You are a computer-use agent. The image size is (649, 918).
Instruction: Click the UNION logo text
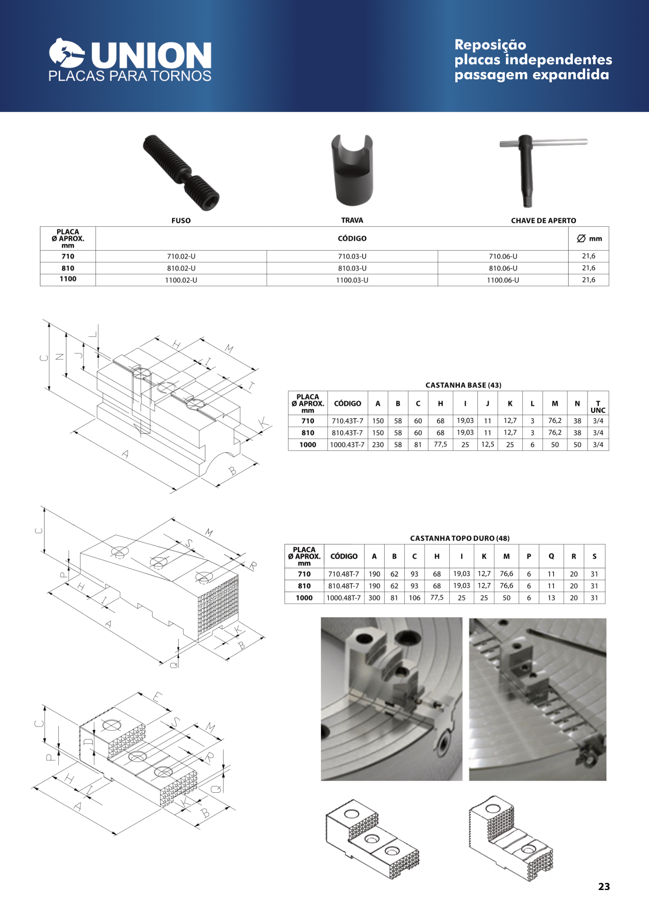[x=151, y=56]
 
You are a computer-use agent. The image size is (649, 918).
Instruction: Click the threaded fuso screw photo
[x=181, y=173]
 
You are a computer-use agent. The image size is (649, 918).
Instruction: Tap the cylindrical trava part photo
[x=352, y=170]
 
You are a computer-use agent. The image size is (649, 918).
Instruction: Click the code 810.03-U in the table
[x=352, y=269]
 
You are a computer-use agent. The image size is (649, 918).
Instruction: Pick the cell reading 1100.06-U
[x=503, y=280]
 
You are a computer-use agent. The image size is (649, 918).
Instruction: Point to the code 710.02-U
[x=181, y=257]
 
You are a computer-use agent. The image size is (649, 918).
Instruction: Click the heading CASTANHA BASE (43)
[x=463, y=385]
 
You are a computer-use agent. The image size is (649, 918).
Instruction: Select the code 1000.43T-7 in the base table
[x=347, y=445]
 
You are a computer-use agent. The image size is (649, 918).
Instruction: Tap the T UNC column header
[x=598, y=407]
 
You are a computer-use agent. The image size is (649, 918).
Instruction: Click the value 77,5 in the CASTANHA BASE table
[x=440, y=445]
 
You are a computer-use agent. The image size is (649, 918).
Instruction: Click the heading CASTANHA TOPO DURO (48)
[x=459, y=538]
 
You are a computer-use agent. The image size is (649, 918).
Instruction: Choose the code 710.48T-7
[x=343, y=574]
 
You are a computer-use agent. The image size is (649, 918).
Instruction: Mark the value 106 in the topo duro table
[x=414, y=598]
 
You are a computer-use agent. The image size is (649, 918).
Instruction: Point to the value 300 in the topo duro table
[x=374, y=598]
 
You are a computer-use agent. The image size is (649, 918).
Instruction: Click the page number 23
[x=604, y=887]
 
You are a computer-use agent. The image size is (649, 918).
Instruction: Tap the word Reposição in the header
[x=490, y=45]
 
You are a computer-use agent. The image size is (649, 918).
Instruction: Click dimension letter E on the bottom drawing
[x=157, y=697]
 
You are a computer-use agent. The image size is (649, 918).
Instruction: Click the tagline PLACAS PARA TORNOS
[x=130, y=76]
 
